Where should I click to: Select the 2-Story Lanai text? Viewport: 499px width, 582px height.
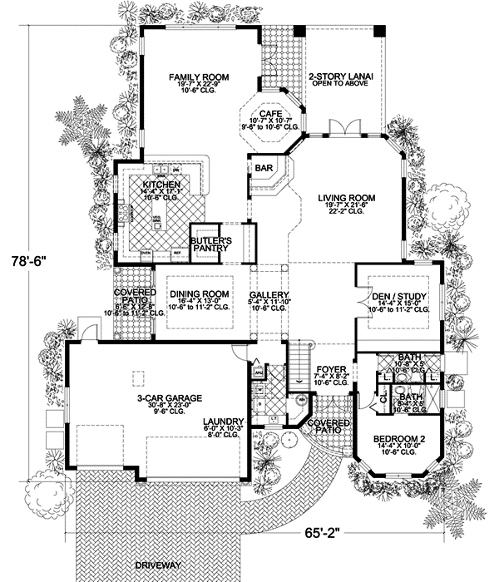click(341, 76)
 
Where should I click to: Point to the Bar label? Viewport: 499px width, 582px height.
click(265, 167)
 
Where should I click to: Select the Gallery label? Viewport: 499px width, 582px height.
click(269, 295)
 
